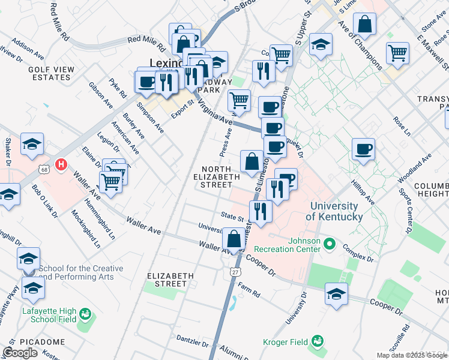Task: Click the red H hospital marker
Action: [60, 164]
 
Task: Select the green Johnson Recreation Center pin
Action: [329, 244]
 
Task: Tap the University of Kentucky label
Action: [336, 211]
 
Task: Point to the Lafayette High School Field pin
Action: [85, 314]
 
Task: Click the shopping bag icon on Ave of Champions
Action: [365, 25]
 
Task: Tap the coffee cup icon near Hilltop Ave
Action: [363, 149]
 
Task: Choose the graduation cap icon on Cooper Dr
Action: [336, 294]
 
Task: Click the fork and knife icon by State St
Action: [261, 211]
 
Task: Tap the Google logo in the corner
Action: [20, 353]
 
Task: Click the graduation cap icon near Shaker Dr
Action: [32, 144]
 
